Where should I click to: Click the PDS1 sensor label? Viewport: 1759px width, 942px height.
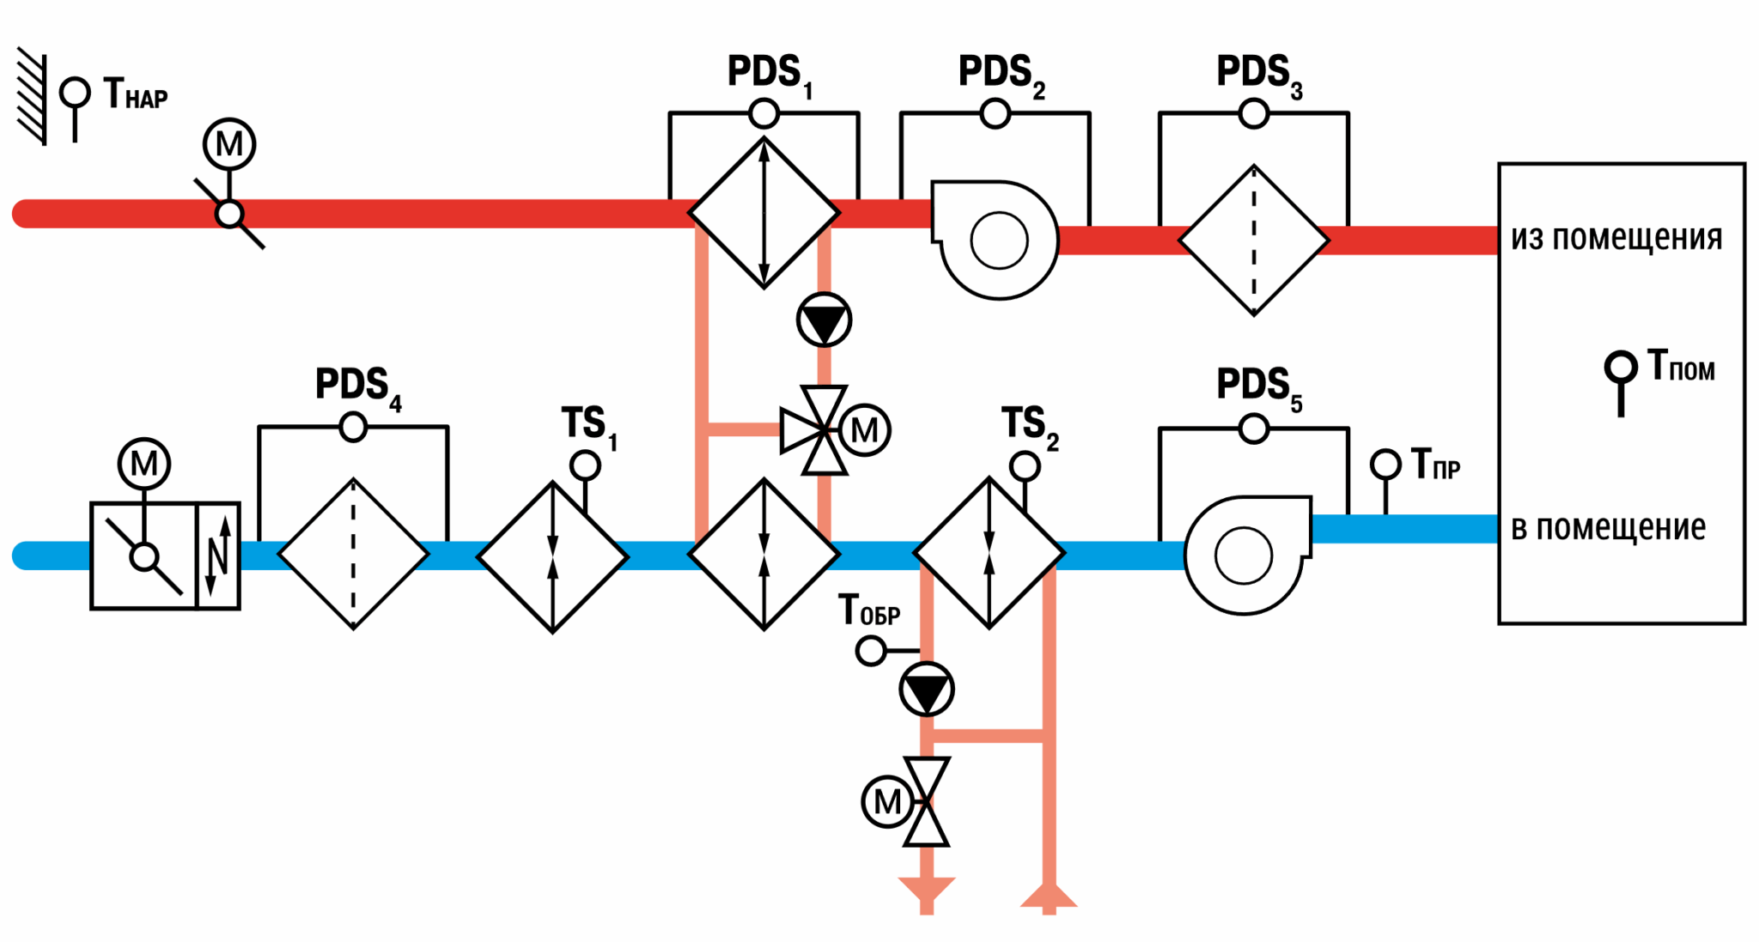point(770,76)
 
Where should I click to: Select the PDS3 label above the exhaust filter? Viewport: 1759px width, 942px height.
point(1259,76)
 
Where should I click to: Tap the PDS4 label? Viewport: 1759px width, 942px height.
point(358,389)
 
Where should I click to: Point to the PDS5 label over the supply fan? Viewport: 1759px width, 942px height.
point(1259,389)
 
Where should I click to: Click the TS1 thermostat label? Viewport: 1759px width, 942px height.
point(589,427)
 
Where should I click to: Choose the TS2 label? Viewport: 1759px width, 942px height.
point(1030,427)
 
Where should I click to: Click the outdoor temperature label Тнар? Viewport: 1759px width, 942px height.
point(136,94)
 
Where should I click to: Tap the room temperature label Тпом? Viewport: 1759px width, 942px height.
point(1681,366)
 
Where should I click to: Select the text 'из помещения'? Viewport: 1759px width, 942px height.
point(1616,237)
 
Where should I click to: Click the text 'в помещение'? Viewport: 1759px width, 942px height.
point(1608,527)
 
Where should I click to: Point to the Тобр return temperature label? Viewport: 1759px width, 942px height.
point(869,611)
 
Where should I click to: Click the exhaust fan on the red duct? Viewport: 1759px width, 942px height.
point(996,240)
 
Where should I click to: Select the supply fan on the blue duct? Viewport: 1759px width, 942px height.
point(1247,555)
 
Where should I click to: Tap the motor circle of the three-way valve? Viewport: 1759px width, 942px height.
point(864,430)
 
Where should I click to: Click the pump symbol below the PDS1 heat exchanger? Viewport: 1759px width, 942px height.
point(824,320)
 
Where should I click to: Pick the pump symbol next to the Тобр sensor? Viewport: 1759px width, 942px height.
point(927,690)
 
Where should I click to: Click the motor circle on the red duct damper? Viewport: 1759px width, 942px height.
point(229,144)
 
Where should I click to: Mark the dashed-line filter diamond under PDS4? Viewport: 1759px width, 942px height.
point(353,554)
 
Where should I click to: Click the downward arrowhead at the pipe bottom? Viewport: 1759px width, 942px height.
point(927,890)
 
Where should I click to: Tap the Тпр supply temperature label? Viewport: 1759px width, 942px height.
point(1435,465)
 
